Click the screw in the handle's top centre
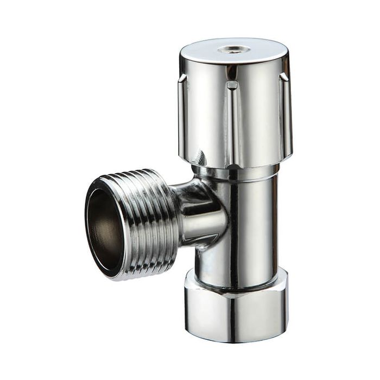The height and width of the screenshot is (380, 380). pyautogui.click(x=234, y=49)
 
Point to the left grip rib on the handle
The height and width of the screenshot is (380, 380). pyautogui.click(x=184, y=114)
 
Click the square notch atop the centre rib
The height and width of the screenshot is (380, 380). pyautogui.click(x=232, y=85)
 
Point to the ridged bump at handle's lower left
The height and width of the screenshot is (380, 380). pyautogui.click(x=200, y=158)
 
